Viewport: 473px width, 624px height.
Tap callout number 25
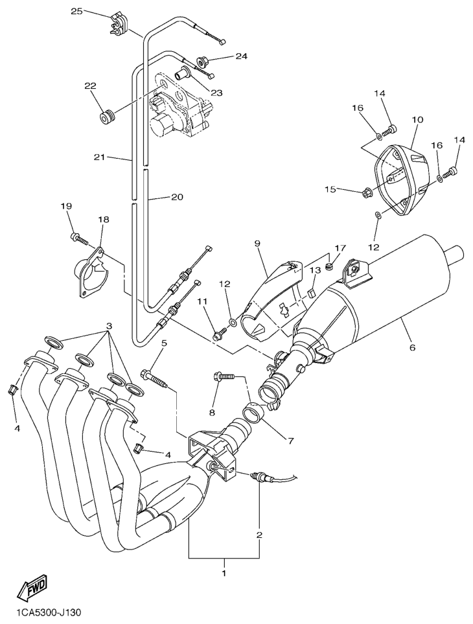(x=77, y=12)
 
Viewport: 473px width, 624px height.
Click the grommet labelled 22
(x=106, y=117)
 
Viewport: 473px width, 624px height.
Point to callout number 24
(x=241, y=56)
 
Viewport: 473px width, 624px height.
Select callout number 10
(x=417, y=120)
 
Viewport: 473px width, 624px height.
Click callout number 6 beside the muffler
(x=412, y=347)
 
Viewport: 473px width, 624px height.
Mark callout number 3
(x=109, y=325)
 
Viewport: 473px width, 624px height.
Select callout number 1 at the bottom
(x=224, y=573)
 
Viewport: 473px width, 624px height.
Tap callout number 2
(x=259, y=535)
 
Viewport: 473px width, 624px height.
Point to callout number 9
(x=257, y=243)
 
